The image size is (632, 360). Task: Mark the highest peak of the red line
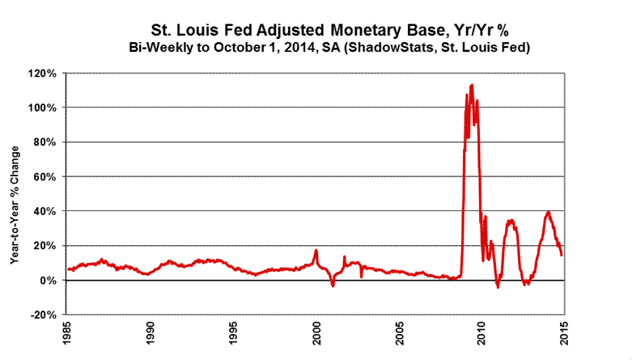pos(472,84)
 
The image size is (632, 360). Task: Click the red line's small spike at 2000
pos(316,250)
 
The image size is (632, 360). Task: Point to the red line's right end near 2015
pos(562,254)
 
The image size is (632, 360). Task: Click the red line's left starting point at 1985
pos(69,269)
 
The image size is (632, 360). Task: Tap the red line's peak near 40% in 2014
pos(549,212)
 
